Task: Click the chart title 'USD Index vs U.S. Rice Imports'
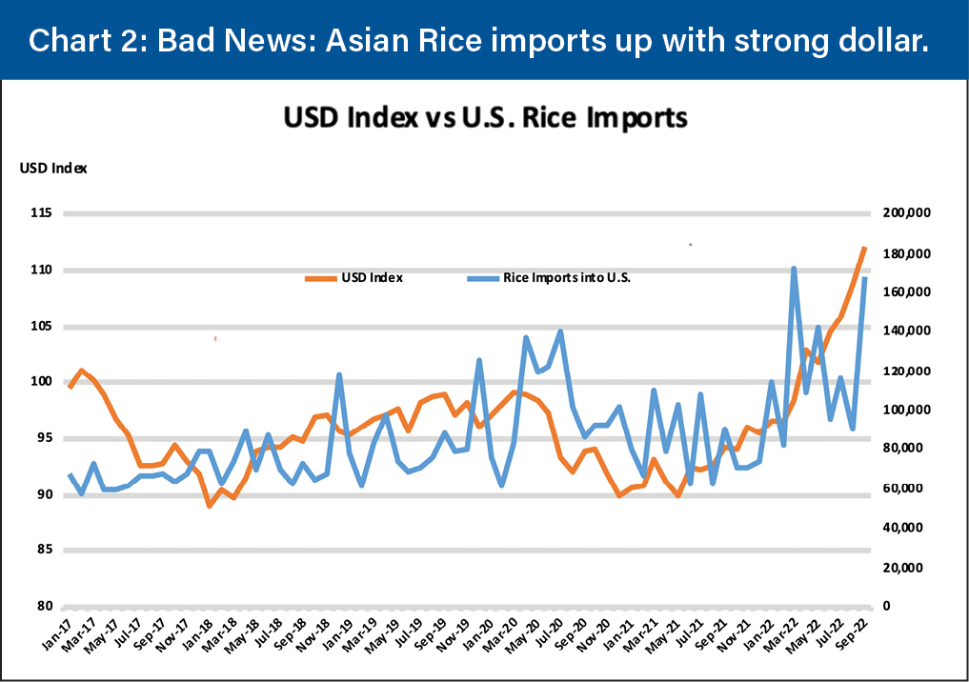point(485,118)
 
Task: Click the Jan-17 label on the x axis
point(58,636)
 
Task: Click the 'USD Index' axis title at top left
point(53,169)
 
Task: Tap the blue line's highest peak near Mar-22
point(794,269)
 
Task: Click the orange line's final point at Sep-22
point(864,248)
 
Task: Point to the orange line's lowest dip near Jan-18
point(210,506)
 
